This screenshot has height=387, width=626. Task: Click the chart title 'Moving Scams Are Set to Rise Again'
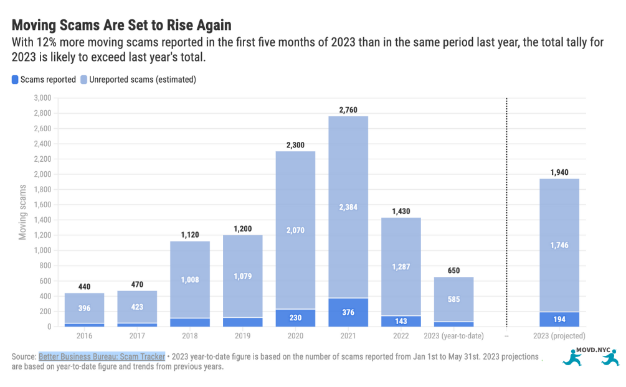(x=121, y=25)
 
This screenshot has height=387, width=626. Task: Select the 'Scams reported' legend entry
(x=44, y=80)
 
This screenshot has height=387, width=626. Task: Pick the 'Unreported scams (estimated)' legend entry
(x=138, y=80)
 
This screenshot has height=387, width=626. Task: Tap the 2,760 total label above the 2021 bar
(x=348, y=110)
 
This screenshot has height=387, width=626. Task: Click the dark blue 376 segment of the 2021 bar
(x=348, y=312)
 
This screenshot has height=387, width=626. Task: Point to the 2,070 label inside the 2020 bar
(x=295, y=230)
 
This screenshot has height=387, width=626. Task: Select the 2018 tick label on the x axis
(x=189, y=336)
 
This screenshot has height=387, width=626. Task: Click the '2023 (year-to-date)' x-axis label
(x=453, y=336)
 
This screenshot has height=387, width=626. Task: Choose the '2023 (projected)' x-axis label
(x=559, y=336)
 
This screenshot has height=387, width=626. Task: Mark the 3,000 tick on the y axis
(x=42, y=98)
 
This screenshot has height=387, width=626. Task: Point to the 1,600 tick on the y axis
(x=42, y=205)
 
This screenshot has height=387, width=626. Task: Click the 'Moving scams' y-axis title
(x=22, y=212)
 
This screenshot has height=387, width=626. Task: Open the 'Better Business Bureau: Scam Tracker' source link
(x=102, y=357)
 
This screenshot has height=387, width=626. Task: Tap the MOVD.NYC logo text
(x=593, y=350)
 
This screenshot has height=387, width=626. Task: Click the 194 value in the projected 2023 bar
(x=559, y=319)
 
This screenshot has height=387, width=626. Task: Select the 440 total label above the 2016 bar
(x=84, y=287)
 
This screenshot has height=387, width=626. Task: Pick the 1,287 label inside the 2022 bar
(x=401, y=266)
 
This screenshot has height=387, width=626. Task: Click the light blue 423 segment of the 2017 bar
(x=137, y=307)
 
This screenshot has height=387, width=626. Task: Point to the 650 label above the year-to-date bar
(x=453, y=271)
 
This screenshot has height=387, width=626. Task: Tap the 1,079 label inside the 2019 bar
(x=243, y=276)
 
